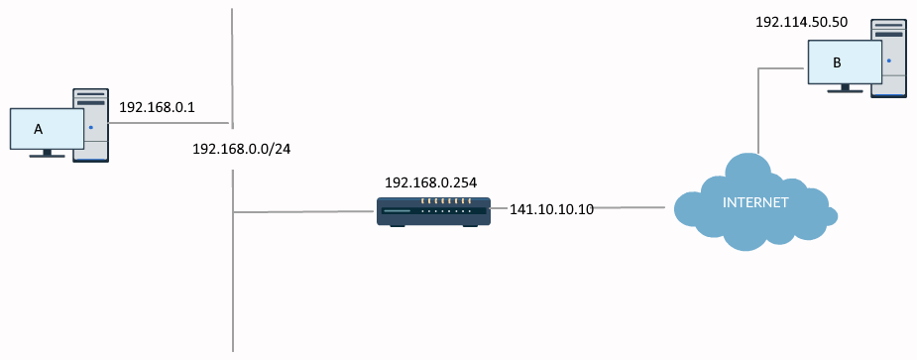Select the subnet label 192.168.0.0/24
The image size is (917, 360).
click(248, 148)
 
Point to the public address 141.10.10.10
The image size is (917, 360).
click(551, 209)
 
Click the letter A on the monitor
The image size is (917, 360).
click(39, 129)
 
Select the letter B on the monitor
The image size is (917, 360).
click(837, 63)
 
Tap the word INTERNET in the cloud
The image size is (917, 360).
click(755, 203)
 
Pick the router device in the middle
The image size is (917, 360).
click(434, 210)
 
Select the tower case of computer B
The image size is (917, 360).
click(890, 60)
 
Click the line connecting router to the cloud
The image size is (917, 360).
click(629, 207)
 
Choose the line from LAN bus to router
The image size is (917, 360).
click(302, 211)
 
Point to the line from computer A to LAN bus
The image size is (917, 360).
click(169, 125)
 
